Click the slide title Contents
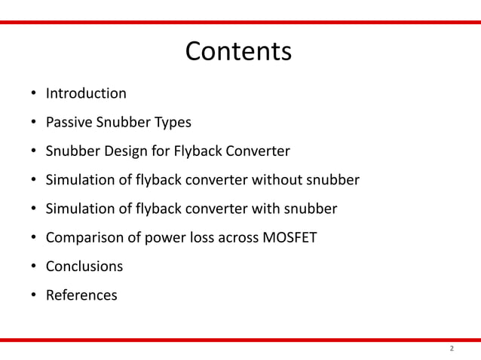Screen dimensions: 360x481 (238, 51)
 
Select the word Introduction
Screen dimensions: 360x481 (86, 94)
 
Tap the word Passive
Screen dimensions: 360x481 (69, 123)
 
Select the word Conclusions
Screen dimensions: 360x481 (84, 267)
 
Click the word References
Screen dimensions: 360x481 (81, 295)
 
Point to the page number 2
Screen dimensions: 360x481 (452, 349)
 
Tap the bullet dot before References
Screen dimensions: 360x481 (34, 296)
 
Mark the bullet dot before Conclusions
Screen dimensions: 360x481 (34, 267)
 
